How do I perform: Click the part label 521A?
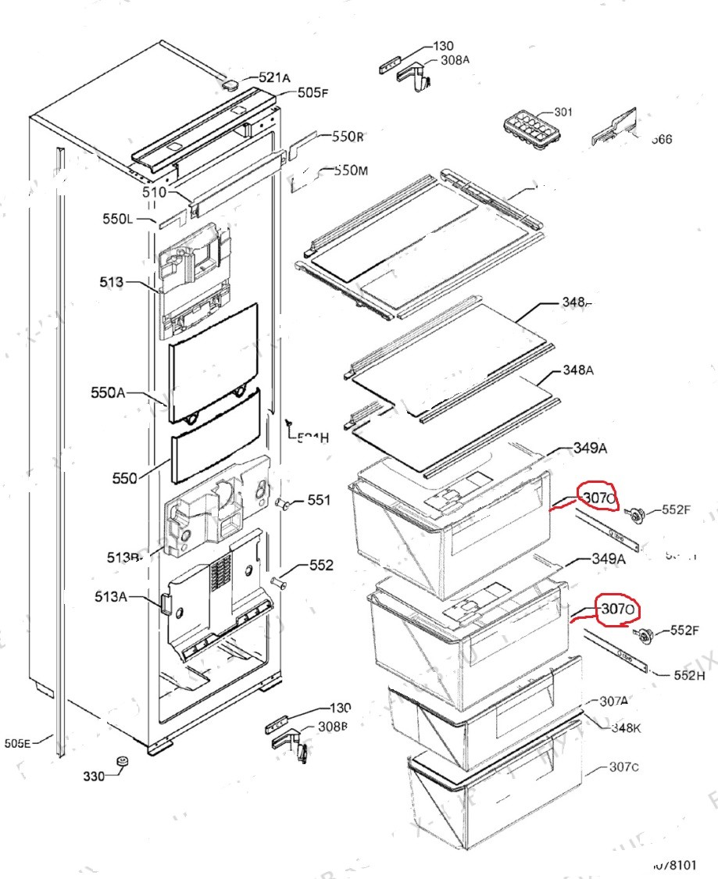pyautogui.click(x=274, y=77)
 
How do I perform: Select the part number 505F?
pyautogui.click(x=313, y=93)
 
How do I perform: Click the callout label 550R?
pyautogui.click(x=348, y=137)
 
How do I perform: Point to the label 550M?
pyautogui.click(x=351, y=171)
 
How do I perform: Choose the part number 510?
pyautogui.click(x=154, y=192)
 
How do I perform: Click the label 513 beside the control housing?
pyautogui.click(x=111, y=282)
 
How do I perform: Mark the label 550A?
pyautogui.click(x=107, y=393)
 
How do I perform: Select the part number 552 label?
pyautogui.click(x=321, y=565)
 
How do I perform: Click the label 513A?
pyautogui.click(x=111, y=597)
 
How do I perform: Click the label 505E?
pyautogui.click(x=17, y=744)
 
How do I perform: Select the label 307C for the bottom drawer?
pyautogui.click(x=624, y=766)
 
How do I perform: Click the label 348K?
pyautogui.click(x=626, y=728)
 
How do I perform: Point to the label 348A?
pyautogui.click(x=577, y=370)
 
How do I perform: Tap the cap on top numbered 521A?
pyautogui.click(x=230, y=84)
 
